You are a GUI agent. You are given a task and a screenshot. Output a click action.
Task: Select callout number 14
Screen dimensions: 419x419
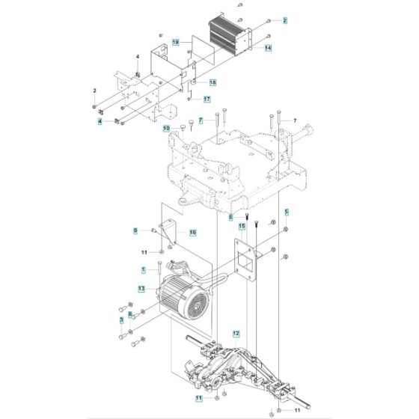coord(268,48)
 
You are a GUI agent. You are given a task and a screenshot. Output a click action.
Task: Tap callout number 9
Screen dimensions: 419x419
coord(135,230)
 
